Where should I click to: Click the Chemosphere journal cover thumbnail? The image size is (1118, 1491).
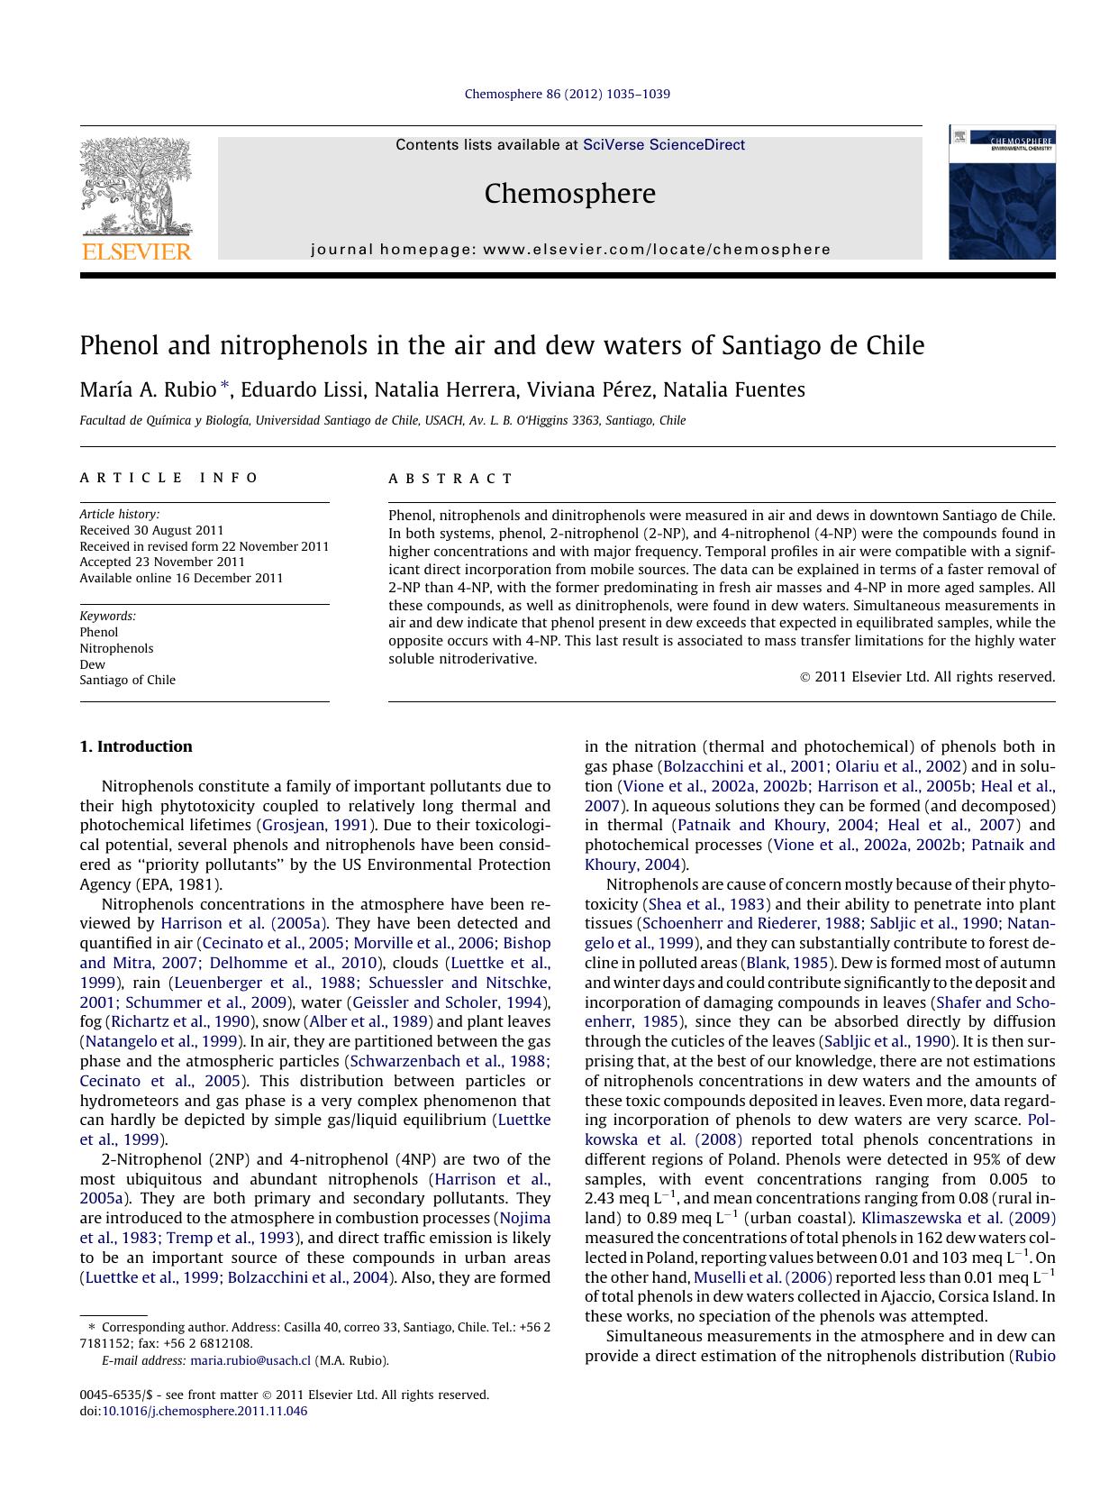pyautogui.click(x=1001, y=193)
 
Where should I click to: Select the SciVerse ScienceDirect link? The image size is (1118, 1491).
pyautogui.click(x=663, y=144)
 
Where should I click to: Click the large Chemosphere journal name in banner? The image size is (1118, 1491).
pyautogui.click(x=569, y=194)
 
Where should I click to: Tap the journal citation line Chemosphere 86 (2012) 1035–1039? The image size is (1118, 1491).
pyautogui.click(x=567, y=94)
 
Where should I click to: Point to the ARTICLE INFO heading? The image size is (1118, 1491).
pyautogui.click(x=169, y=478)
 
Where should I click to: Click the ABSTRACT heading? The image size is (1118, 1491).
pyautogui.click(x=450, y=479)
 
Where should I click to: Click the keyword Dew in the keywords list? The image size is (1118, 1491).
pyautogui.click(x=92, y=664)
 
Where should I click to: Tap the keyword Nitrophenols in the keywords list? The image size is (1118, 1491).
pyautogui.click(x=116, y=648)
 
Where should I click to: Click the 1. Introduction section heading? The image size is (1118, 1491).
pyautogui.click(x=135, y=746)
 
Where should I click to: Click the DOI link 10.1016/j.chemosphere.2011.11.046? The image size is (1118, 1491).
pyautogui.click(x=204, y=1411)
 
